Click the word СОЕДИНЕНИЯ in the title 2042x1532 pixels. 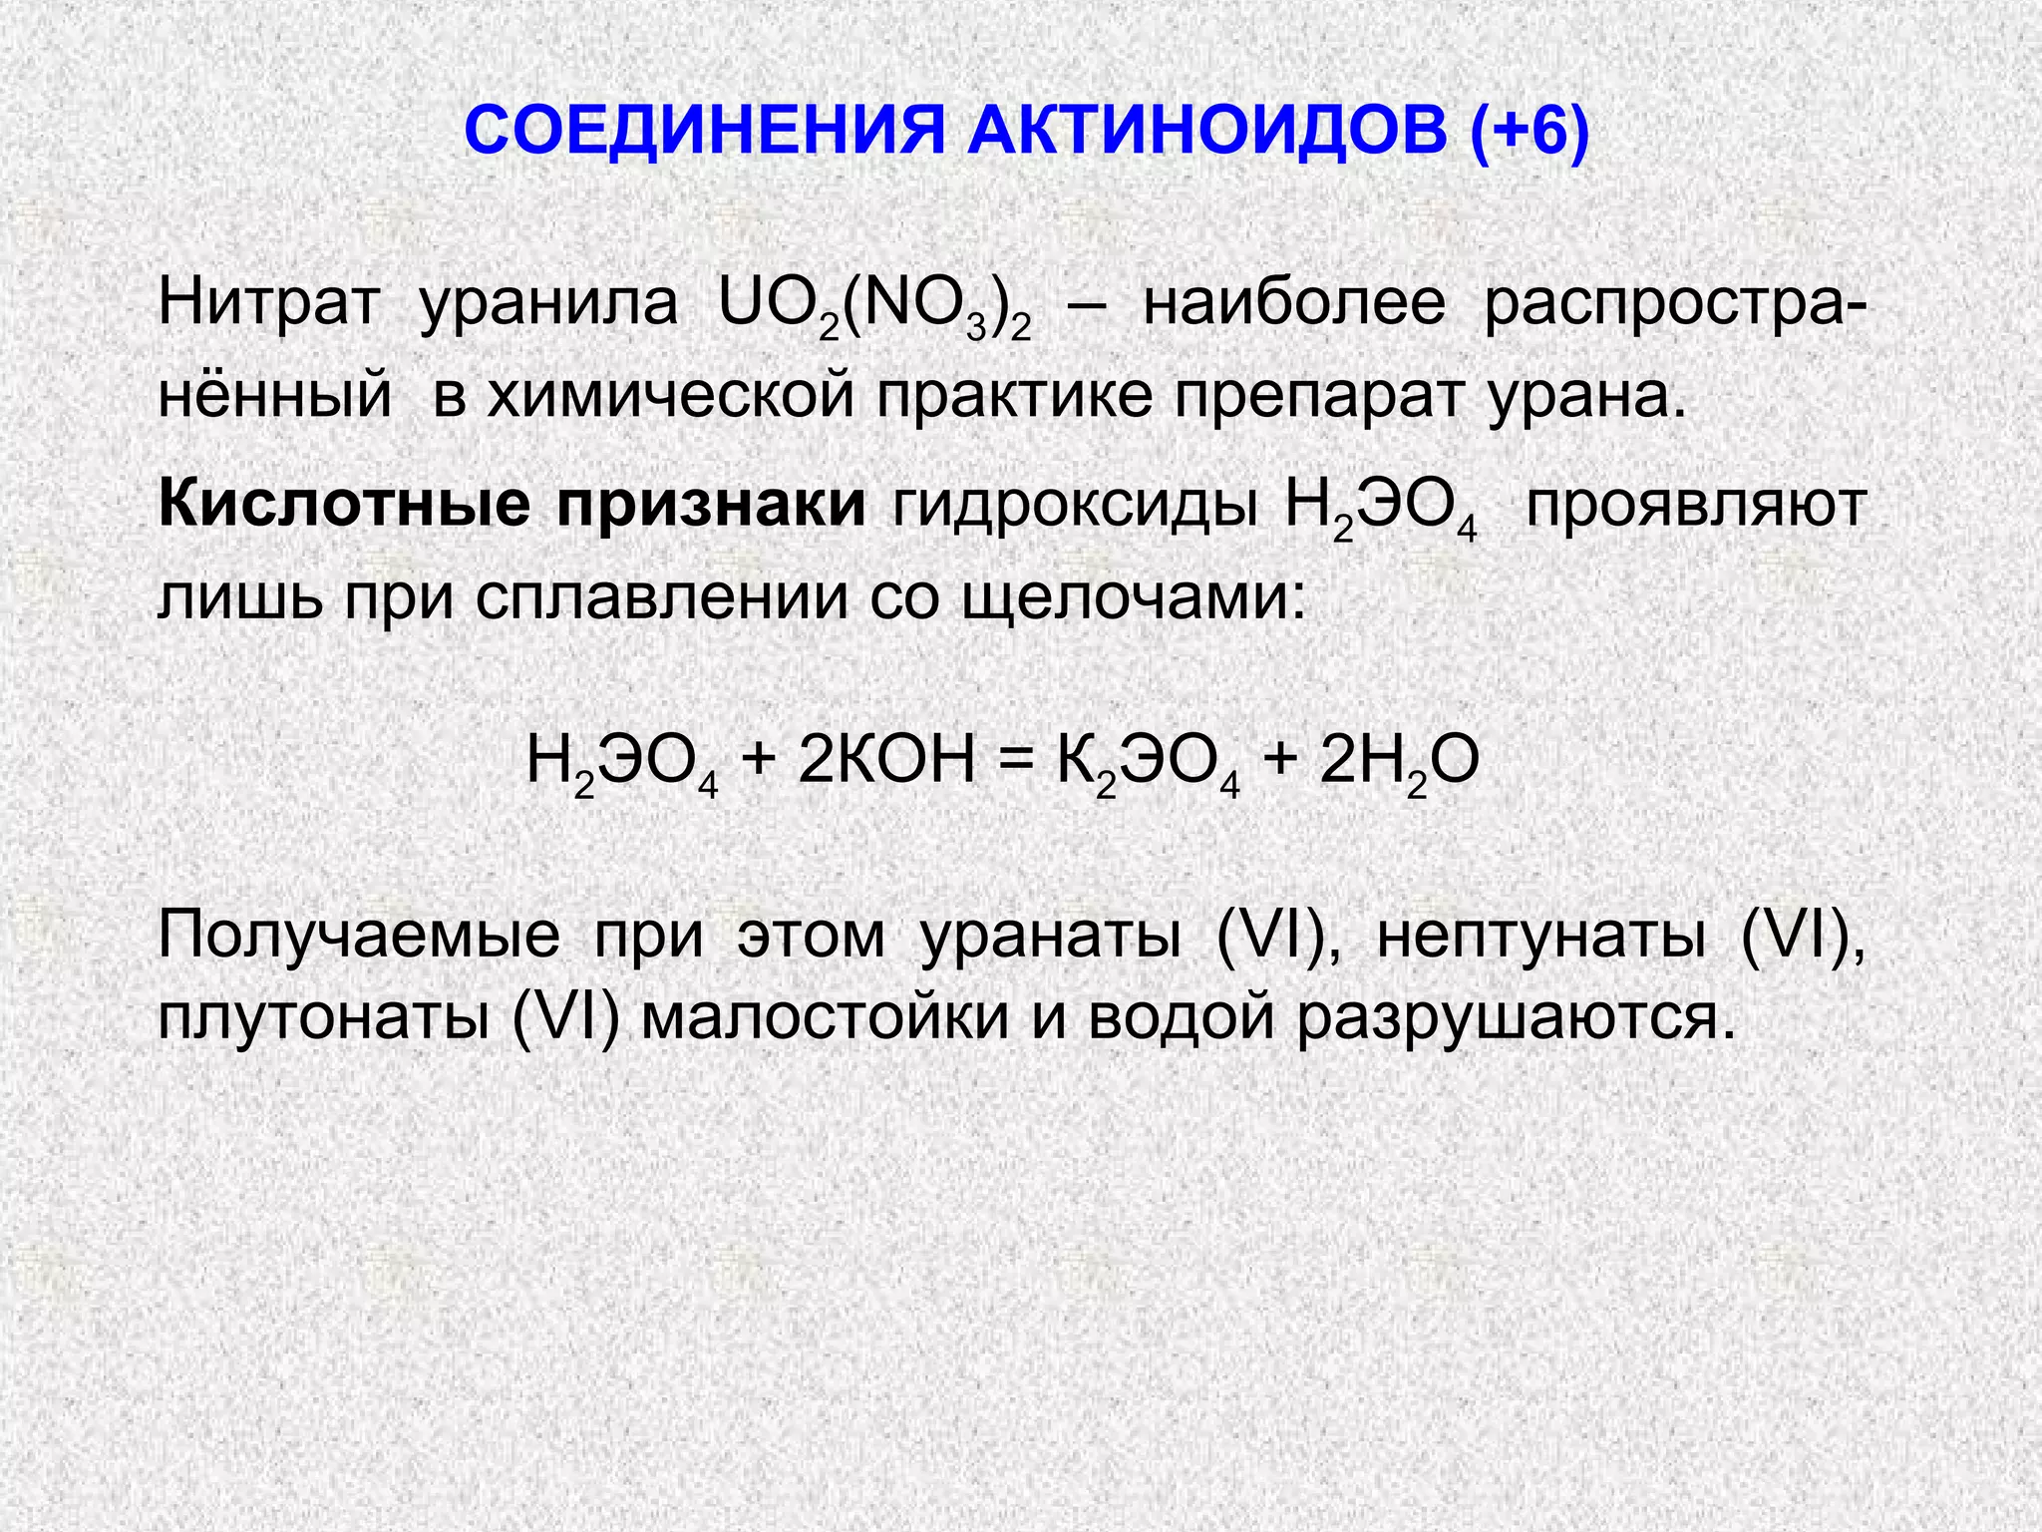(x=704, y=131)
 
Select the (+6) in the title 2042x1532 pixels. (x=1529, y=131)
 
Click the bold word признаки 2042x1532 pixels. (x=712, y=505)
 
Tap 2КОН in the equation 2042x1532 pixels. (x=887, y=760)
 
